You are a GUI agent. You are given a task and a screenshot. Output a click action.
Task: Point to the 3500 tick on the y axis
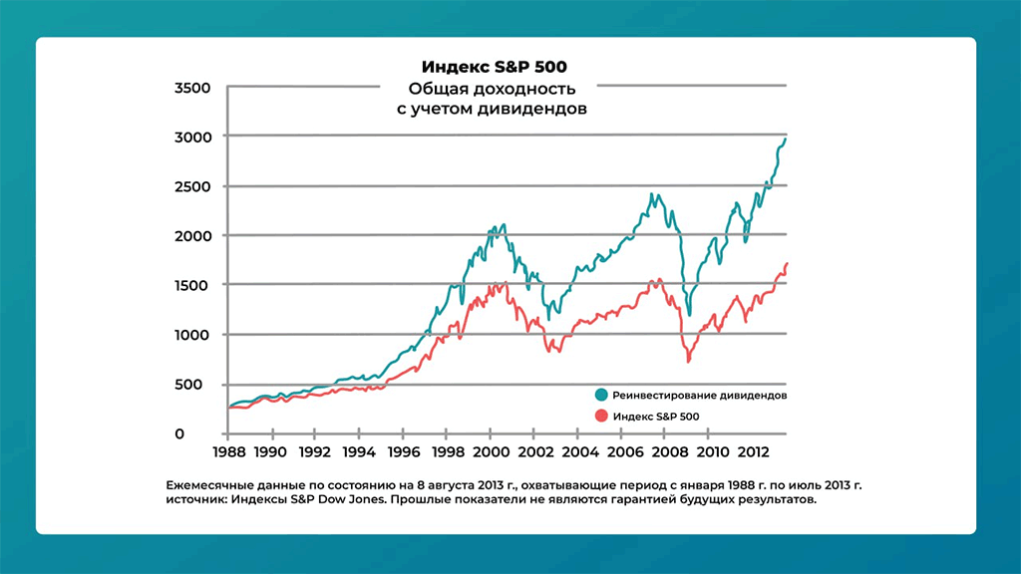pyautogui.click(x=192, y=88)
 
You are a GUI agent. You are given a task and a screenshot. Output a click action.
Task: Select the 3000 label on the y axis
pyautogui.click(x=192, y=137)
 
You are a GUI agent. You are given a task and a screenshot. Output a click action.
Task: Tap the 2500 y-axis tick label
pyautogui.click(x=192, y=186)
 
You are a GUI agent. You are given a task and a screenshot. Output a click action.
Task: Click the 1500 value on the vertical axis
pyautogui.click(x=192, y=286)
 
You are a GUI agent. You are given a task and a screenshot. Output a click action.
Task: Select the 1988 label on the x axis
pyautogui.click(x=228, y=452)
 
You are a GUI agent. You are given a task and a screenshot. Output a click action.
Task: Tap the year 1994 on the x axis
pyautogui.click(x=359, y=452)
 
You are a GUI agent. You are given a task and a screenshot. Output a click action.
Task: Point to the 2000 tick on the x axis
pyautogui.click(x=490, y=452)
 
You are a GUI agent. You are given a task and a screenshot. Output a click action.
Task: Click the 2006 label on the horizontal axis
pyautogui.click(x=620, y=452)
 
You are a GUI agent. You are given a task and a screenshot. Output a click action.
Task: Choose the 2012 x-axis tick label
pyautogui.click(x=751, y=452)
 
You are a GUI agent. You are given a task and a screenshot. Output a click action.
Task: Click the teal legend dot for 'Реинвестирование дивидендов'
pyautogui.click(x=600, y=395)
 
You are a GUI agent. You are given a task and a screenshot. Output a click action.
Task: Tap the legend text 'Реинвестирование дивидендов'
pyautogui.click(x=700, y=396)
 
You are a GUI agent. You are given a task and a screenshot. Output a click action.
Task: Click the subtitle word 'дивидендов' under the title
pyautogui.click(x=534, y=109)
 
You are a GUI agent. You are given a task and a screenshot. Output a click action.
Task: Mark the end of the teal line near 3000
pyautogui.click(x=786, y=139)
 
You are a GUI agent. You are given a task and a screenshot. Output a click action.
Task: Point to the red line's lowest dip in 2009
pyautogui.click(x=688, y=361)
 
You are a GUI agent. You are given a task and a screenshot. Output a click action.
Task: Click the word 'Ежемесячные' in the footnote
pyautogui.click(x=210, y=485)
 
